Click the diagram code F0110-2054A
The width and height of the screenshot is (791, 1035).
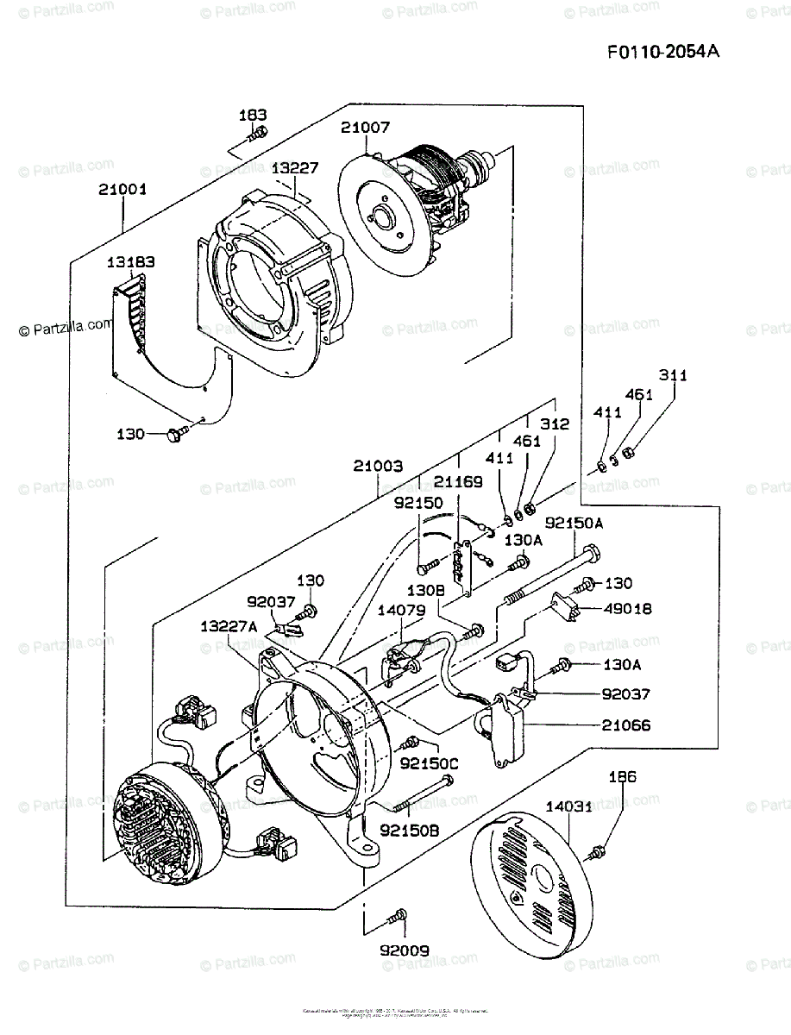pyautogui.click(x=662, y=52)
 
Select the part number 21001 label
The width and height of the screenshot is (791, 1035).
pyautogui.click(x=122, y=189)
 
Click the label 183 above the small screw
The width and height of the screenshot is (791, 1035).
pyautogui.click(x=253, y=115)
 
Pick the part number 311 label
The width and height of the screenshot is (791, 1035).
pyautogui.click(x=674, y=375)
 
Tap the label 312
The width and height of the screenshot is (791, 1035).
pyautogui.click(x=556, y=423)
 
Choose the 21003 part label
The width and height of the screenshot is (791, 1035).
pyautogui.click(x=378, y=466)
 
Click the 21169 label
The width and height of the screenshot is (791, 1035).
pyautogui.click(x=458, y=480)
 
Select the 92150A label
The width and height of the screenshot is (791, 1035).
pyautogui.click(x=574, y=523)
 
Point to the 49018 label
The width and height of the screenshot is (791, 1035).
pyautogui.click(x=627, y=609)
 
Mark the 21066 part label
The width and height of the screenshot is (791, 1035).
pyautogui.click(x=626, y=725)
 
